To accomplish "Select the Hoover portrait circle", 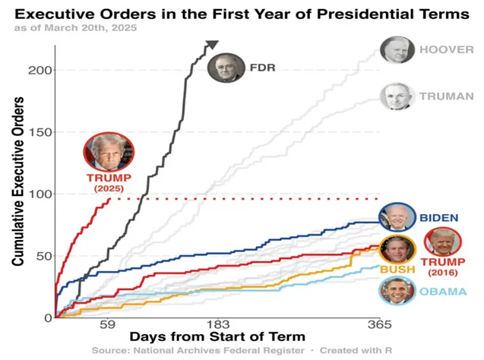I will (396, 52).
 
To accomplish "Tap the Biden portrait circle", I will (397, 218).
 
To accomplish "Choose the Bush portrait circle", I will (397, 249).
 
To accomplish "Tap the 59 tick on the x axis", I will (106, 326).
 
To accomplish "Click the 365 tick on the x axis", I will (380, 326).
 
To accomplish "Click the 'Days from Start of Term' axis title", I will (217, 336).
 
